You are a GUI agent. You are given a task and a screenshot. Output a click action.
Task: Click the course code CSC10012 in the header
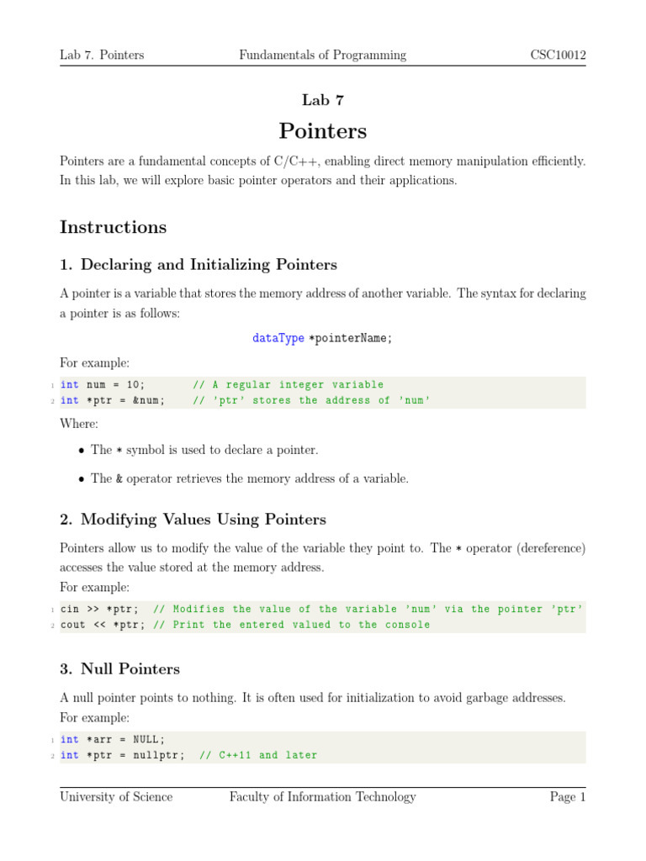coord(558,55)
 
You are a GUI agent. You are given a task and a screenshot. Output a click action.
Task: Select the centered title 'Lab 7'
coord(323,100)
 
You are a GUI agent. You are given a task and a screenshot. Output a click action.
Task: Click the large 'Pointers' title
coord(323,132)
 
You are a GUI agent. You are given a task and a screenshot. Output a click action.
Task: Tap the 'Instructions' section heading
coord(114,228)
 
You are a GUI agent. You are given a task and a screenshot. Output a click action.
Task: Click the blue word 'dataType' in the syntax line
coord(278,338)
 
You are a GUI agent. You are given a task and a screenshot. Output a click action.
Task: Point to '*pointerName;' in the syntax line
coord(351,338)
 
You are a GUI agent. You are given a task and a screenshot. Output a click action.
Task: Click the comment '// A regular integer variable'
coord(288,385)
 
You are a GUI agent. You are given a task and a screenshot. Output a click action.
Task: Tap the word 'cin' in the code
coord(71,610)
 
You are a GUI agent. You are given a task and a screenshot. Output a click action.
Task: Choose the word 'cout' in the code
coord(74,626)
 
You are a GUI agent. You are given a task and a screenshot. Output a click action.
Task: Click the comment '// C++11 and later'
coord(258,756)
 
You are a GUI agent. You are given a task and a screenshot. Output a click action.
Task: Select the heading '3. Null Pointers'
coord(119,669)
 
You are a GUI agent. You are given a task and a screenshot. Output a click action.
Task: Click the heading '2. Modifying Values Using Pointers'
coord(193,520)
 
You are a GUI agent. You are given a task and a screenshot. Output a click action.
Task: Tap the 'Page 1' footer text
coord(568,797)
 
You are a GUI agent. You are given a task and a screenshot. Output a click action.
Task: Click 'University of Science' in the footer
coord(116,797)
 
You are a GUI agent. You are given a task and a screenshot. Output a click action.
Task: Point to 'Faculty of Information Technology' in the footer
coord(323,797)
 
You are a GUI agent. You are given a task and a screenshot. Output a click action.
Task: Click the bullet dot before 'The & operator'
coord(81,479)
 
